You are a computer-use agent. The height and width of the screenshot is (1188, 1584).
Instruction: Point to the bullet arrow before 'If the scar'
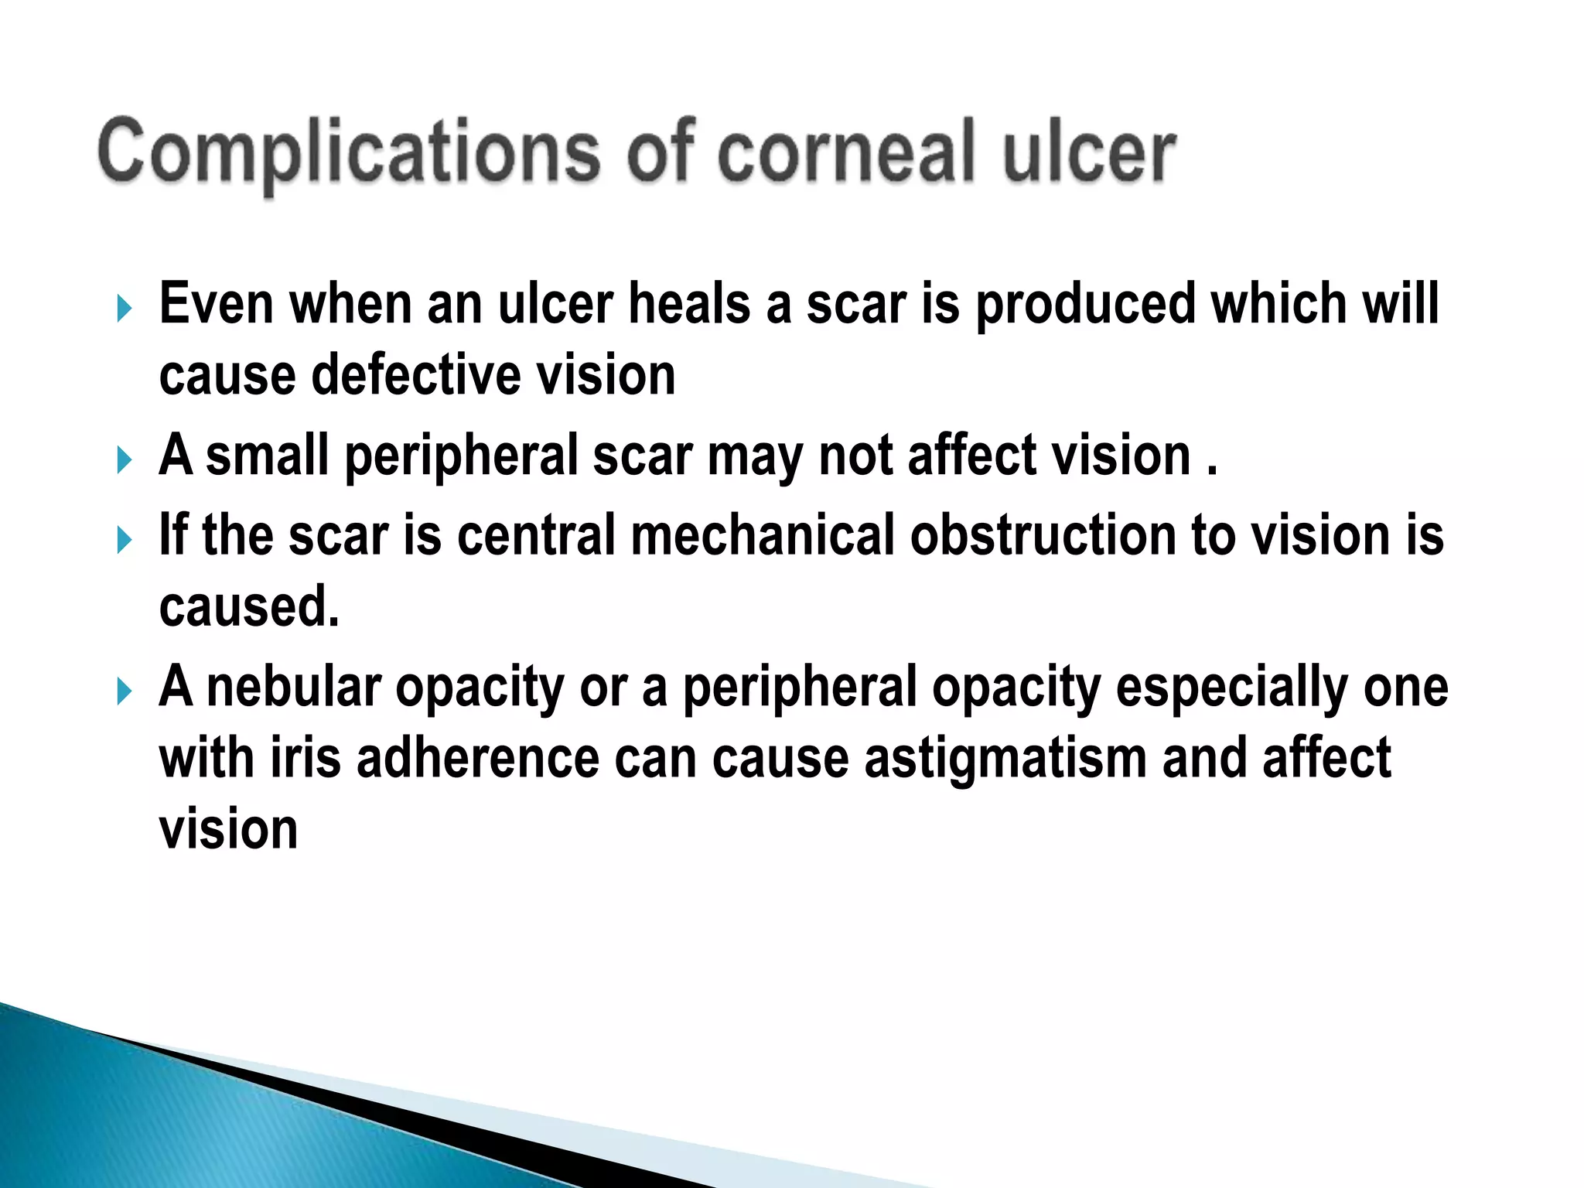coord(125,540)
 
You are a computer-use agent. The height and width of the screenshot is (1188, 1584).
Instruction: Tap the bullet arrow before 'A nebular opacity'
coord(125,691)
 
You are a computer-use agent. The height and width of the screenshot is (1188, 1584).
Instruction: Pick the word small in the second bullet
coord(267,455)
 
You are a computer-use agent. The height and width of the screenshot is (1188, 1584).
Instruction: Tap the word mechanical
coord(763,534)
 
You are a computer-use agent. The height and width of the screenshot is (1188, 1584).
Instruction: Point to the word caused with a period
coord(249,606)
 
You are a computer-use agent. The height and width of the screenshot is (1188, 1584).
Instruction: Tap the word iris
coord(306,757)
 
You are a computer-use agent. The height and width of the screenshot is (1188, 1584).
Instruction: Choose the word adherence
coord(477,757)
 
